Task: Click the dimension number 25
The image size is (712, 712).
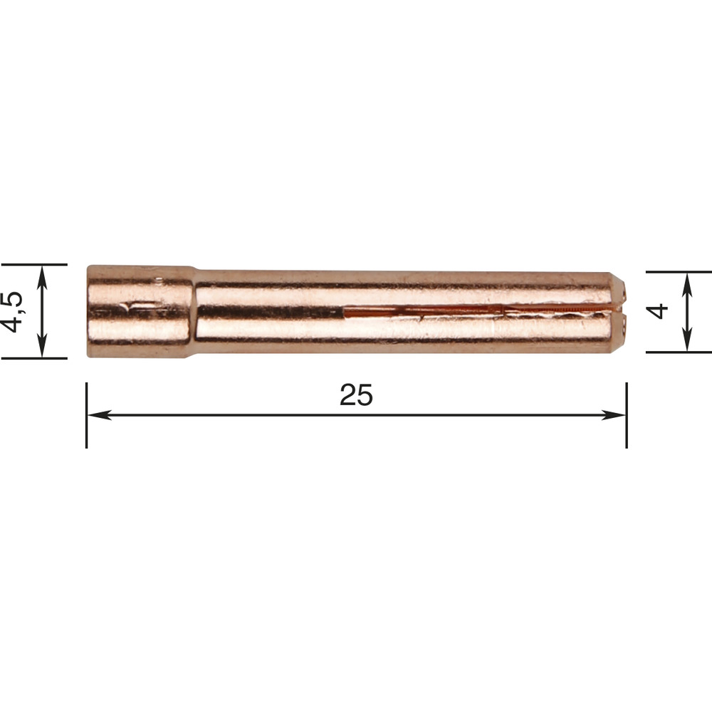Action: coord(356,395)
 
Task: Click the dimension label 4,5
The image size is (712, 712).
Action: coord(12,312)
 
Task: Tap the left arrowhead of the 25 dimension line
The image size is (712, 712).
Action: coord(99,414)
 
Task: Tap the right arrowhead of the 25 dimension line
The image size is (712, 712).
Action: coord(614,414)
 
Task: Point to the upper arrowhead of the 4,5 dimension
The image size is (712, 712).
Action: coord(42,278)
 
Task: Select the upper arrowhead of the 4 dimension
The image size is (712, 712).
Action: coord(688,284)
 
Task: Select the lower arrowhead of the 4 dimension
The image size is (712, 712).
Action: coord(688,339)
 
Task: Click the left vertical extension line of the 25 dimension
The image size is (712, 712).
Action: coord(86,415)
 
